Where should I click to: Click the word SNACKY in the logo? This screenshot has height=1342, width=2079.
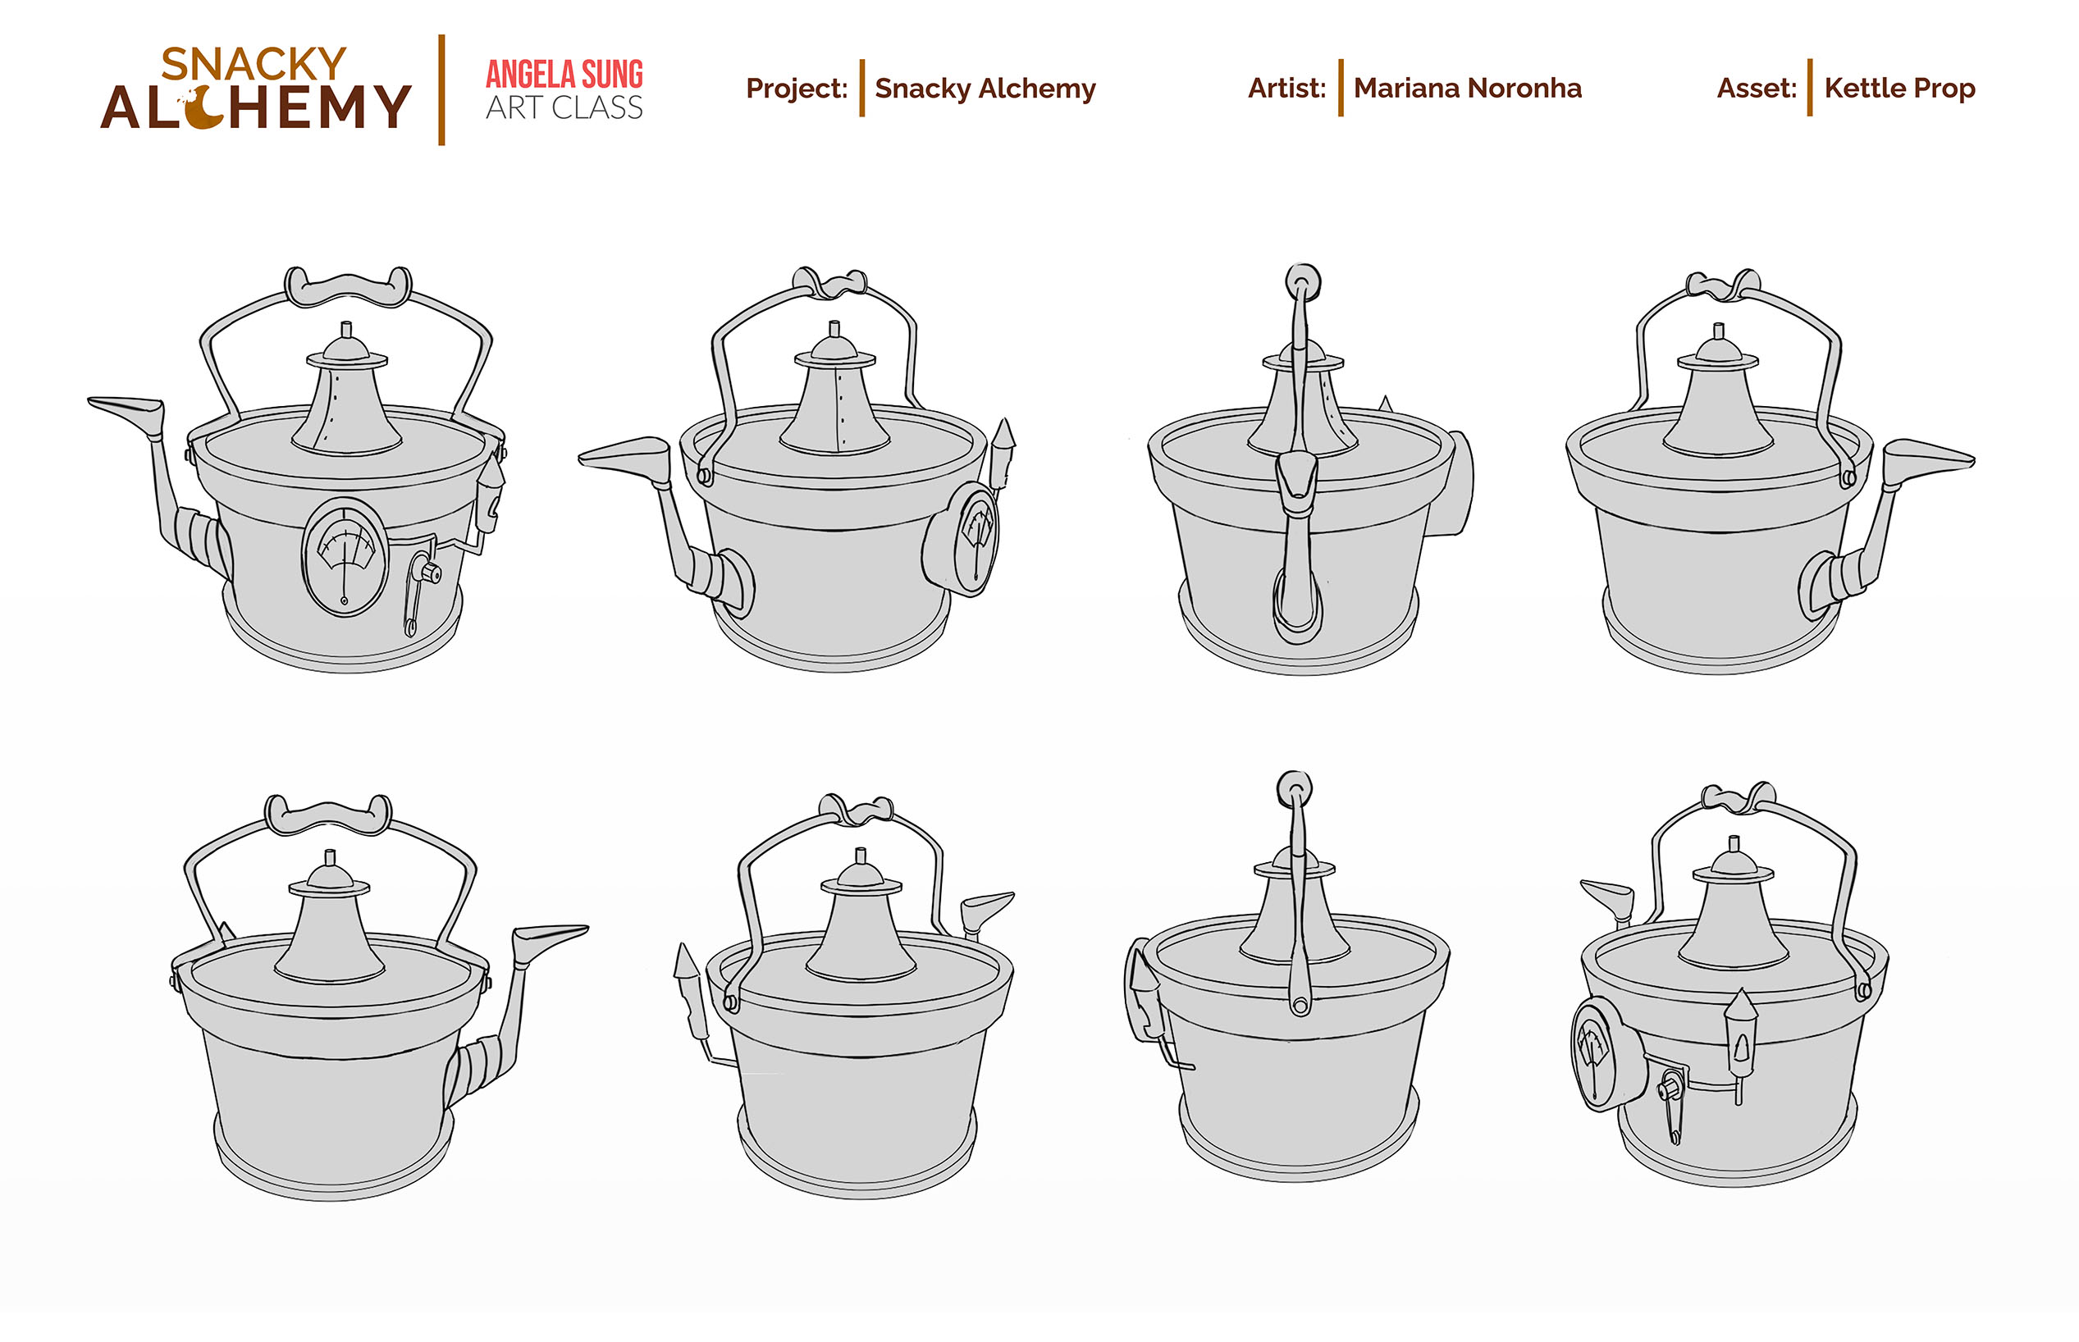254,64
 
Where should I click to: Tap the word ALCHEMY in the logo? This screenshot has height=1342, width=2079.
255,107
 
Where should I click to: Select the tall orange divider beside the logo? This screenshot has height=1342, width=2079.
441,89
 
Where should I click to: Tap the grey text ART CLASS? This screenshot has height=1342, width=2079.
564,107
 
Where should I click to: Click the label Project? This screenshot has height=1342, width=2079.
797,88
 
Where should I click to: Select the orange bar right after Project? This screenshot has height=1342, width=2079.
861,88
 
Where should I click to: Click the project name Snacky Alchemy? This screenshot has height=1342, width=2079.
985,89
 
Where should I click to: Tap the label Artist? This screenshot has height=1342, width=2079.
1286,88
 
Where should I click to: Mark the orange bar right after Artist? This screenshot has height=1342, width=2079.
1340,88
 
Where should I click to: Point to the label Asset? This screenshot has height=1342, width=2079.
1756,88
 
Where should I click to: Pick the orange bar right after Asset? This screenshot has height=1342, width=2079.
1810,88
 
